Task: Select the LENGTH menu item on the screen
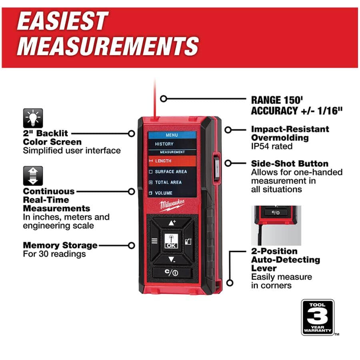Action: pyautogui.click(x=172, y=161)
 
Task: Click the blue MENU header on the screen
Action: pyautogui.click(x=172, y=135)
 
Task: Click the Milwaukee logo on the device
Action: pyautogui.click(x=172, y=206)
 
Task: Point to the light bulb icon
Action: pyautogui.click(x=33, y=118)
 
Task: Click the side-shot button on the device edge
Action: pyautogui.click(x=216, y=166)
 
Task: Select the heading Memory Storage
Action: pyautogui.click(x=60, y=245)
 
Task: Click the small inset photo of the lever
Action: pyautogui.click(x=276, y=225)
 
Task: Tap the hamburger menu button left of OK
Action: pyautogui.click(x=154, y=242)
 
